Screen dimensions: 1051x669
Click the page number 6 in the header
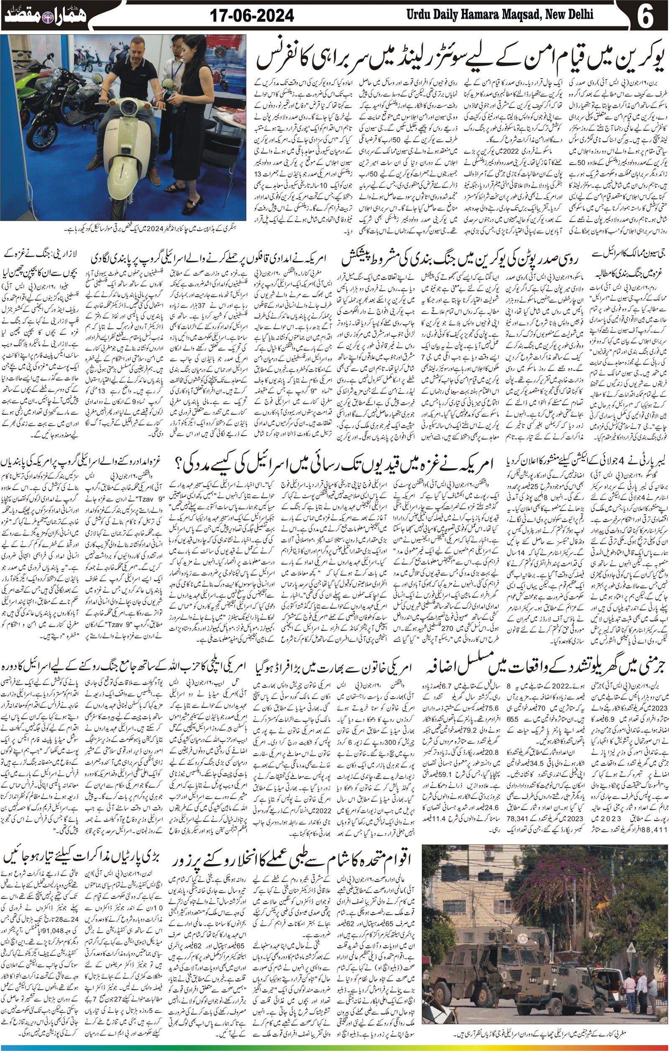pyautogui.click(x=645, y=16)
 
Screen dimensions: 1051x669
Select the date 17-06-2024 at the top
pyautogui.click(x=252, y=16)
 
